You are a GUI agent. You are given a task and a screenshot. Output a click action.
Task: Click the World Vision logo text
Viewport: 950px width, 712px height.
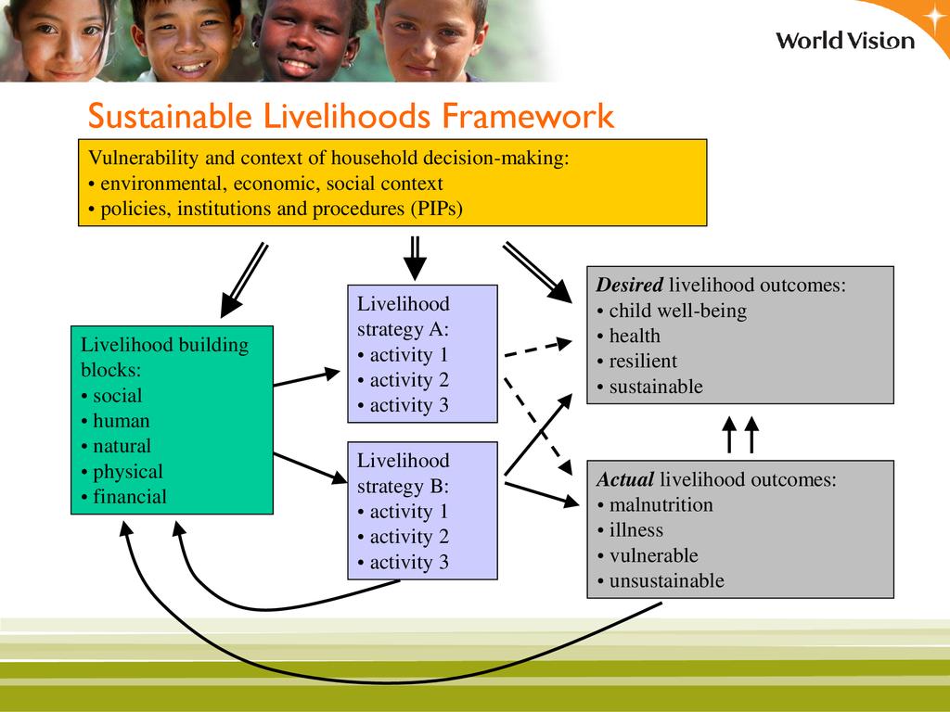coord(845,41)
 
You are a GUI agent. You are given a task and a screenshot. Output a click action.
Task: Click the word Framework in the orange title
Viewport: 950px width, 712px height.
coord(528,116)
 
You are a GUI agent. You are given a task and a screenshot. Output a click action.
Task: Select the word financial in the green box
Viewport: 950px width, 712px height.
coord(130,497)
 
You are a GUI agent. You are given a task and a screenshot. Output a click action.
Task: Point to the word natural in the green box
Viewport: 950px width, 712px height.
coord(122,446)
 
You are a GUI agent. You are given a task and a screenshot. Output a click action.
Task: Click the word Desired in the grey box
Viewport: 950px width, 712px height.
coord(630,285)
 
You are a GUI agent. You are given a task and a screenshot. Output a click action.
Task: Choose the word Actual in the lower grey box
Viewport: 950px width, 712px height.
coord(624,479)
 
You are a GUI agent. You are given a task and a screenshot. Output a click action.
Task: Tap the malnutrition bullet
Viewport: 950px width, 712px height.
coord(655,505)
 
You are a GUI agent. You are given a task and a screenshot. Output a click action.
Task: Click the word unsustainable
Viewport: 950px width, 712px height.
coord(666,581)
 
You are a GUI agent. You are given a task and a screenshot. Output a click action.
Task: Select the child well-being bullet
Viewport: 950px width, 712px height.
coord(672,311)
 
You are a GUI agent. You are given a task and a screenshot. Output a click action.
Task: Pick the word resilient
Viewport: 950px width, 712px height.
coord(643,362)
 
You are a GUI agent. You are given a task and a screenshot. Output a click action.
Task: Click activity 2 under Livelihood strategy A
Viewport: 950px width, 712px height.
coord(403,380)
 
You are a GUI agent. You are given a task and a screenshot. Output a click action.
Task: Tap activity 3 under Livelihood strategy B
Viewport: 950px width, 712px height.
coord(403,563)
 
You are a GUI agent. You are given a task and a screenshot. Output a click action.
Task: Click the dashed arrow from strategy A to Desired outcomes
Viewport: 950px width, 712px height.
coord(538,349)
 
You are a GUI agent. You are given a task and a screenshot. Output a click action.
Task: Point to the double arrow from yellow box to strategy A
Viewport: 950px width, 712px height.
coord(415,259)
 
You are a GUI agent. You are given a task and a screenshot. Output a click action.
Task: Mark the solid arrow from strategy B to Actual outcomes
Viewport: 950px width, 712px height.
coord(542,494)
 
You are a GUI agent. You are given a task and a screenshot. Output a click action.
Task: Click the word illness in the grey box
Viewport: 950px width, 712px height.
coord(636,530)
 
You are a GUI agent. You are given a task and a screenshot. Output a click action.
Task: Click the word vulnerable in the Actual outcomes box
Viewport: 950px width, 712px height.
coord(654,556)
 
